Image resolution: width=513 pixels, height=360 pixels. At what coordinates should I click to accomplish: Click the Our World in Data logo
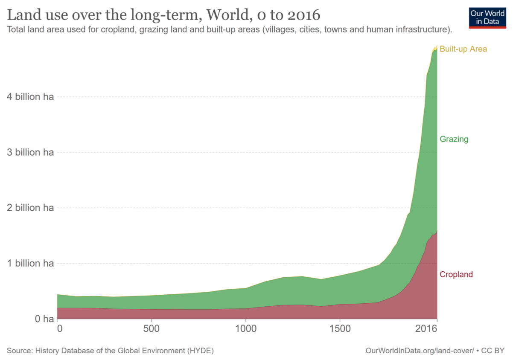coord(487,17)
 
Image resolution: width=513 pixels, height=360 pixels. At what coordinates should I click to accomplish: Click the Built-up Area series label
coord(463,49)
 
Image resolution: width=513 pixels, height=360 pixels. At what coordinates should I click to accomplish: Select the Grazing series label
coord(454,139)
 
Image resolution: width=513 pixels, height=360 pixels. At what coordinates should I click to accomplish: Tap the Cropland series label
coord(456,274)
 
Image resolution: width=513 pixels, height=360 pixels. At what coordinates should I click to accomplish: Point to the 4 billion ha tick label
coord(30,97)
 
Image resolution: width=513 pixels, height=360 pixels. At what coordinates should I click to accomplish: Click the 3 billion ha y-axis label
coord(30,152)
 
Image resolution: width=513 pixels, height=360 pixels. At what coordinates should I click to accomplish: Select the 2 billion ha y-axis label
coord(30,208)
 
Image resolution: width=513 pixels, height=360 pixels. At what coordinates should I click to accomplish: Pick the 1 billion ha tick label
coord(30,263)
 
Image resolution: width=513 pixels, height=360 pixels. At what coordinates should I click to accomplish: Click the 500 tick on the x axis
coord(152,329)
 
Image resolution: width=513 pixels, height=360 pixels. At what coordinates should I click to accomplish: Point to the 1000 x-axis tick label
coord(245,329)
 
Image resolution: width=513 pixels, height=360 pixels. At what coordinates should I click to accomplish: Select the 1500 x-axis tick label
coord(339,329)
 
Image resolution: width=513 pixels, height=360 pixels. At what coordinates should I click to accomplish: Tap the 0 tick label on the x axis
coord(59,329)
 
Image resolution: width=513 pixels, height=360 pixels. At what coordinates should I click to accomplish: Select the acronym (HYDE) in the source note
coord(200,351)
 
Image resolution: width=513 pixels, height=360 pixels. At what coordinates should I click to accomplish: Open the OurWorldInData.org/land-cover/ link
coord(420,351)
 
